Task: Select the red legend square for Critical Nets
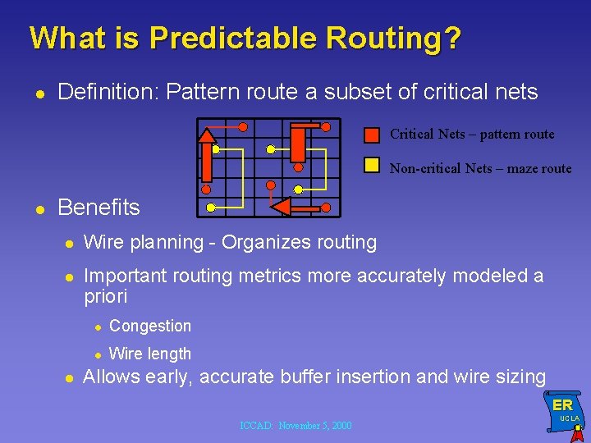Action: coord(372,135)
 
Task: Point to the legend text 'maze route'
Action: coord(538,168)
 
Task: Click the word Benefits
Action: coord(98,208)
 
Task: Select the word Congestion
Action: coord(150,326)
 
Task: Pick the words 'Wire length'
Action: coord(150,354)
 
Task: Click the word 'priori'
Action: coord(106,296)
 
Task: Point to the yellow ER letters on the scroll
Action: coord(562,405)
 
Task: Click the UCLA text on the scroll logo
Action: coord(569,418)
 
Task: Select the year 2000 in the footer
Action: coord(338,426)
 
